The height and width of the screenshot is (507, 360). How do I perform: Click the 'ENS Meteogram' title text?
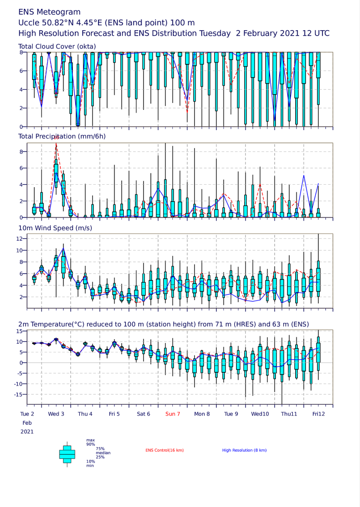pyautogui.click(x=50, y=12)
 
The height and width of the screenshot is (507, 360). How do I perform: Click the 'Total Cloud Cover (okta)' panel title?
pyautogui.click(x=57, y=47)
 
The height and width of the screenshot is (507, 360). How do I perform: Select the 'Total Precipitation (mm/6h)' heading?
pyautogui.click(x=62, y=137)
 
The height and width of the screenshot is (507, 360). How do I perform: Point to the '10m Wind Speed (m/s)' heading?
pyautogui.click(x=55, y=228)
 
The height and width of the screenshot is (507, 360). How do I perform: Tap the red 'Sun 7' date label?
pyautogui.click(x=173, y=414)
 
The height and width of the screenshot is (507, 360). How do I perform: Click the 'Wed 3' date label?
pyautogui.click(x=56, y=414)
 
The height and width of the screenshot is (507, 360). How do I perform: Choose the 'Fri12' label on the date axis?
pyautogui.click(x=318, y=414)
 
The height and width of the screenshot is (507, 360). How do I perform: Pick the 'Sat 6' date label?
pyautogui.click(x=144, y=414)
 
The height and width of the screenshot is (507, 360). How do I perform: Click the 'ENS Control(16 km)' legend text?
pyautogui.click(x=164, y=450)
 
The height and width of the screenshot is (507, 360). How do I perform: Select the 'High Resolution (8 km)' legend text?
pyautogui.click(x=245, y=450)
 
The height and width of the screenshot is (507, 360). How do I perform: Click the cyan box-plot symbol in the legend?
pyautogui.click(x=67, y=455)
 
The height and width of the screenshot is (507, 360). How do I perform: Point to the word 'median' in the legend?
pyautogui.click(x=103, y=453)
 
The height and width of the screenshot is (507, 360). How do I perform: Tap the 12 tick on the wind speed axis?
pyautogui.click(x=19, y=239)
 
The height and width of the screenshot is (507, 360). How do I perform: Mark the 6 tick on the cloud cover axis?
pyautogui.click(x=21, y=71)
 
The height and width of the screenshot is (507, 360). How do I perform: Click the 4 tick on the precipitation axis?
pyautogui.click(x=21, y=185)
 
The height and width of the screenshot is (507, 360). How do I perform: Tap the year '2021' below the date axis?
pyautogui.click(x=27, y=432)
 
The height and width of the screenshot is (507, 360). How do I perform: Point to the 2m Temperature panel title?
pyautogui.click(x=164, y=324)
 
